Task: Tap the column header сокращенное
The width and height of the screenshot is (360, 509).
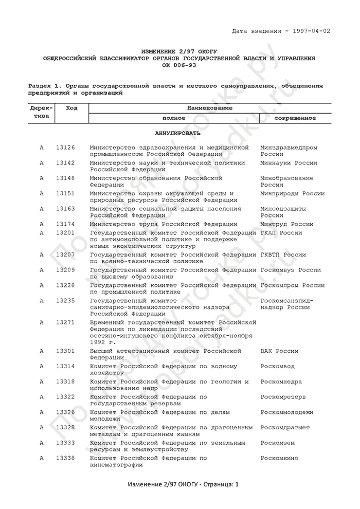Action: [295, 118]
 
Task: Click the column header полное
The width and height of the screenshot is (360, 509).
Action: [174, 118]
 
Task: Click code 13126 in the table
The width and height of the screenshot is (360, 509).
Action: [65, 148]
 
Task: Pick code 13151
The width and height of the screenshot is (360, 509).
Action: [65, 193]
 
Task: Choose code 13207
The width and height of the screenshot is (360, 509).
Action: [65, 254]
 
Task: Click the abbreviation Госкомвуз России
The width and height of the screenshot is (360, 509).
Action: [291, 270]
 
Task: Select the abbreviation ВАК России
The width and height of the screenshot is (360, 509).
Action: [279, 351]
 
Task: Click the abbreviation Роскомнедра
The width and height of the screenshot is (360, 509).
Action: [281, 382]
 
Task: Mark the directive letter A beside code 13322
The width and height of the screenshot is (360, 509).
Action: [42, 397]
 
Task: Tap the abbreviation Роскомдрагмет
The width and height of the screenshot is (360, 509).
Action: [285, 428]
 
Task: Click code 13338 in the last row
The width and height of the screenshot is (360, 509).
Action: [65, 458]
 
